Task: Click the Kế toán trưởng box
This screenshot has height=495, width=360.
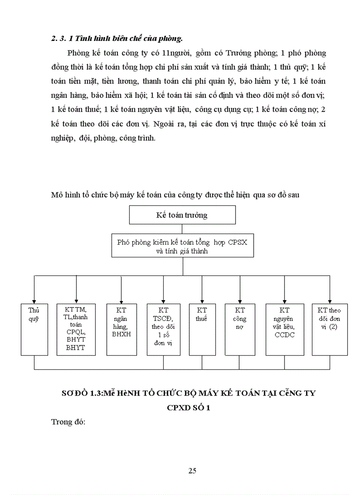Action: [x=182, y=215]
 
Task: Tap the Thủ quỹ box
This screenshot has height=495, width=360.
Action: [x=34, y=329]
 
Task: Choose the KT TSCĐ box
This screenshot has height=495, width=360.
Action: [x=164, y=329]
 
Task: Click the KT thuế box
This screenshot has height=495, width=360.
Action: [x=202, y=329]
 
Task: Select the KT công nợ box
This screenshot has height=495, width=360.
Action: [x=240, y=329]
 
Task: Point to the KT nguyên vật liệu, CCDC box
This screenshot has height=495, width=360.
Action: [x=285, y=329]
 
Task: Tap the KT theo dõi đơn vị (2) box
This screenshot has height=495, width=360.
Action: [x=329, y=329]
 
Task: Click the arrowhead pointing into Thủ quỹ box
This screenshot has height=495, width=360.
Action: [x=35, y=301]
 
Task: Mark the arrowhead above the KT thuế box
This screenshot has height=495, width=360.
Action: [x=202, y=301]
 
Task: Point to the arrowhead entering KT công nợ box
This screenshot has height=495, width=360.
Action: [x=240, y=301]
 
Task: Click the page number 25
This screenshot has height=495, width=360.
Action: [x=192, y=470]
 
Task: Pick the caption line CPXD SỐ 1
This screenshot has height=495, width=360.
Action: [x=188, y=408]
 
